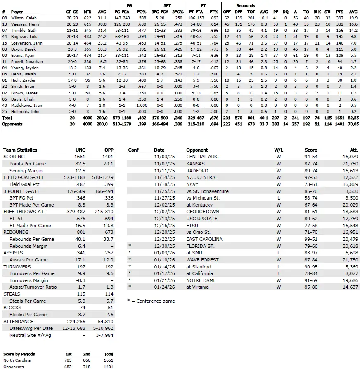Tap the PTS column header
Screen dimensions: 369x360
[341, 12]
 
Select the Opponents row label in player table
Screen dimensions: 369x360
[12, 124]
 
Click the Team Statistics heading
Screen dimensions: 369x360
[20, 150]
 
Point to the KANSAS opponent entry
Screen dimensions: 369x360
[196, 164]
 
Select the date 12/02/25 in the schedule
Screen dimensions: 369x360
[162, 205]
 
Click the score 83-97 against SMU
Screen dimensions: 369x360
[311, 253]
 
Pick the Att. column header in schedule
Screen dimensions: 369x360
[353, 150]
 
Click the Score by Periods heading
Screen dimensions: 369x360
[19, 354]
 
